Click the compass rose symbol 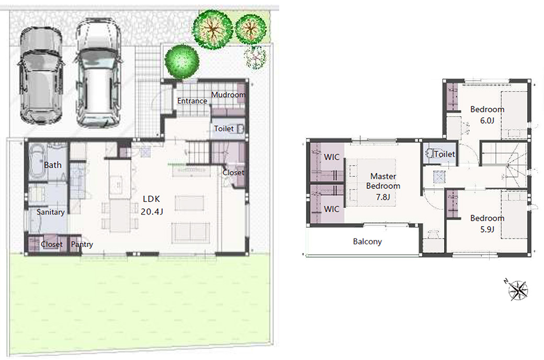click(517, 289)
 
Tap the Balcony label click(367, 241)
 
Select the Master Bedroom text click(383, 181)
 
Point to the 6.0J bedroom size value click(487, 120)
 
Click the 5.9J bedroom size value click(487, 229)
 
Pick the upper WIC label click(331, 157)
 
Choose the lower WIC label click(331, 209)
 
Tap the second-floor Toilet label click(445, 154)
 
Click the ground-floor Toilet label click(224, 128)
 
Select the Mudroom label click(228, 94)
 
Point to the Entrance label click(192, 100)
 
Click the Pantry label click(82, 244)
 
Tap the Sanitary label click(51, 212)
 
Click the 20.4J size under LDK click(152, 211)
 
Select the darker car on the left click(41, 76)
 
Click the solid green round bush click(182, 61)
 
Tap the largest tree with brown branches click(212, 29)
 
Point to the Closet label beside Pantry click(52, 244)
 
